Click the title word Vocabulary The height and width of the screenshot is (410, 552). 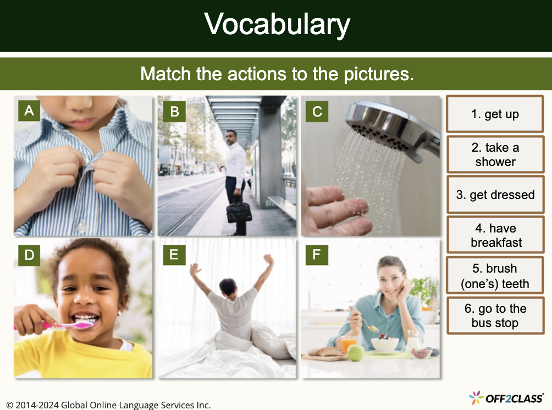coord(277,25)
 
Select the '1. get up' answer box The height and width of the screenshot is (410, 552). coord(495,114)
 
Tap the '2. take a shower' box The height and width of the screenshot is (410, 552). coord(495,154)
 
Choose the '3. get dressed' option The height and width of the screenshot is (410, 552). coord(495,195)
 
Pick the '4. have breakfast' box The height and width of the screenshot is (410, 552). coord(495,235)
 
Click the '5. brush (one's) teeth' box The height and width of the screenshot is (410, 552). coord(495,276)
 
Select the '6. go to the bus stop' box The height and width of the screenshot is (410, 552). coord(495,316)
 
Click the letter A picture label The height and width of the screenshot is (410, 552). coord(29,111)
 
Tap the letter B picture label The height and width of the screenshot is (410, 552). coord(174,112)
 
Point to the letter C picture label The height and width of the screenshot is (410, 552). coord(317,112)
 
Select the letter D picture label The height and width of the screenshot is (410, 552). coord(29,255)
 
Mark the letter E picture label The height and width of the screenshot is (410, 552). coord(174,255)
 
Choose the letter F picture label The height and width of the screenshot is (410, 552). coord(317,255)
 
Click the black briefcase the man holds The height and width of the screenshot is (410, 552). coord(239,212)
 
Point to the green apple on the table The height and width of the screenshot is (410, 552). coord(356,353)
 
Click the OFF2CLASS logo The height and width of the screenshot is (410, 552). coord(506,397)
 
